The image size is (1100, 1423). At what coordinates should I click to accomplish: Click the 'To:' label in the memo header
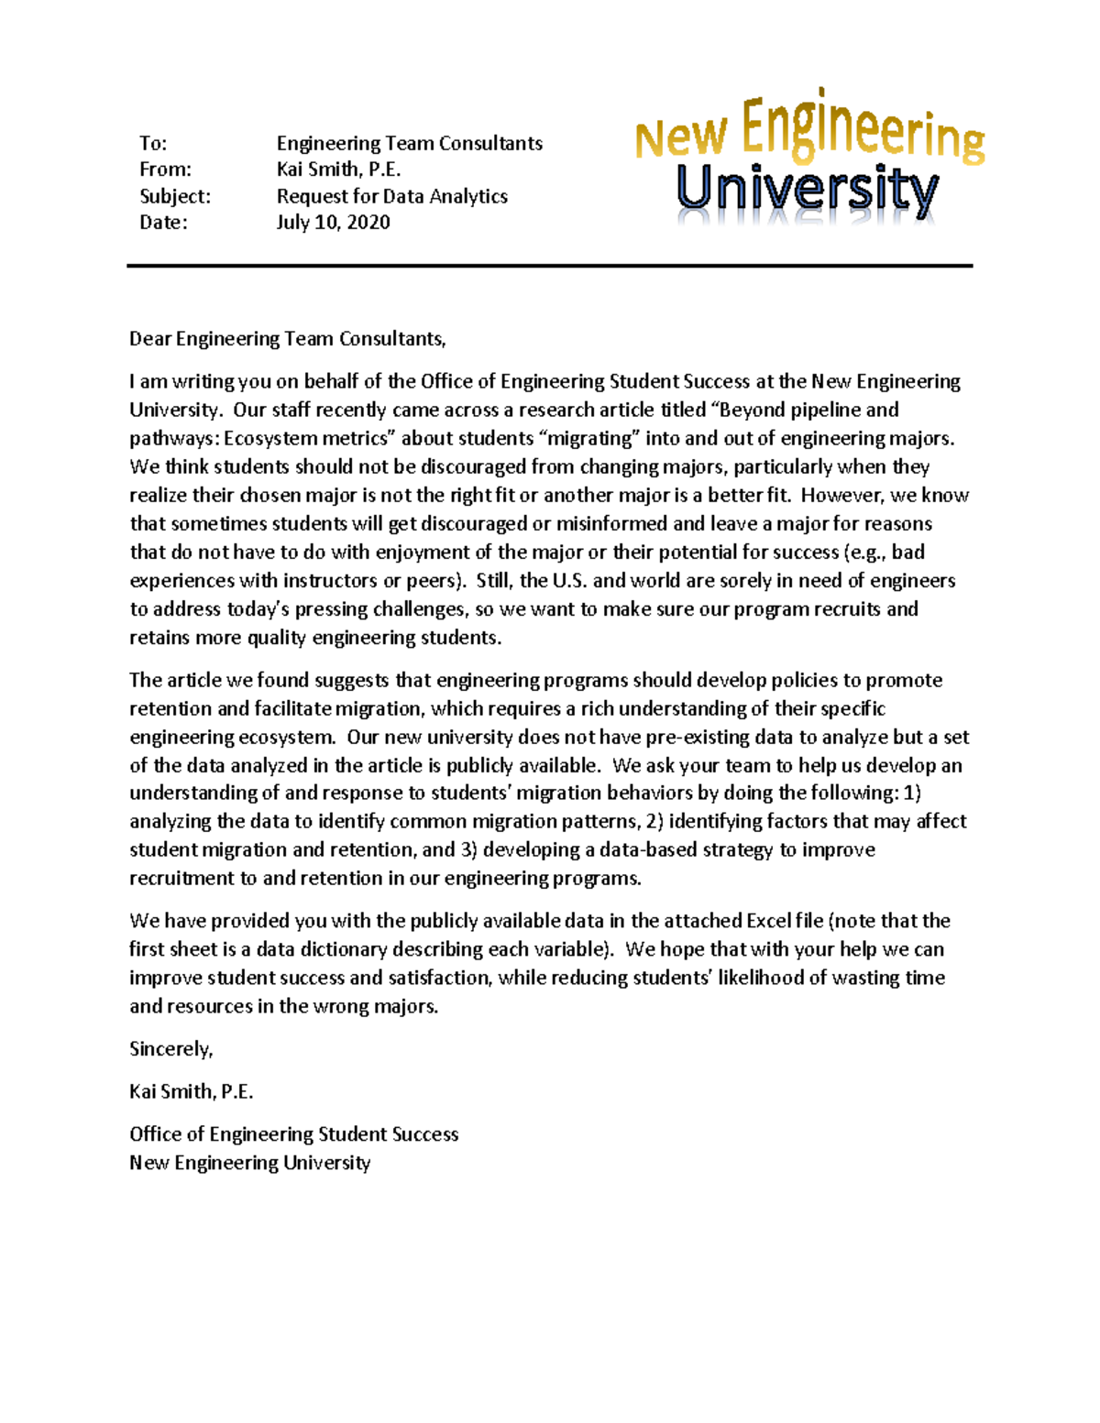[153, 143]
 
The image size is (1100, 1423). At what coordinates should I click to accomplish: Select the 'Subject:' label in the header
[174, 196]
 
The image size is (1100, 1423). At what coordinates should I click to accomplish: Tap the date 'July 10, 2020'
[333, 223]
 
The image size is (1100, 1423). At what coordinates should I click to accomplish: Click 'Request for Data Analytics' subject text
[391, 196]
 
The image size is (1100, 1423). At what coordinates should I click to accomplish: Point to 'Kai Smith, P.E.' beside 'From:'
[338, 170]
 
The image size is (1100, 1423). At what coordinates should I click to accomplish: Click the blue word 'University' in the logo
[807, 191]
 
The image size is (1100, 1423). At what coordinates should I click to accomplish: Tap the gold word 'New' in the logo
[681, 138]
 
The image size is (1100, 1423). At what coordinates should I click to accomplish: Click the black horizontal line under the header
[549, 266]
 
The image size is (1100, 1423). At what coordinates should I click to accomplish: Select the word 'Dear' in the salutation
[150, 339]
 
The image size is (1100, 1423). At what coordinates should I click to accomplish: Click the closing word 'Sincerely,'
[170, 1049]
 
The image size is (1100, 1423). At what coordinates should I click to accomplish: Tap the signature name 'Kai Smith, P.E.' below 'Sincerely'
[191, 1091]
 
